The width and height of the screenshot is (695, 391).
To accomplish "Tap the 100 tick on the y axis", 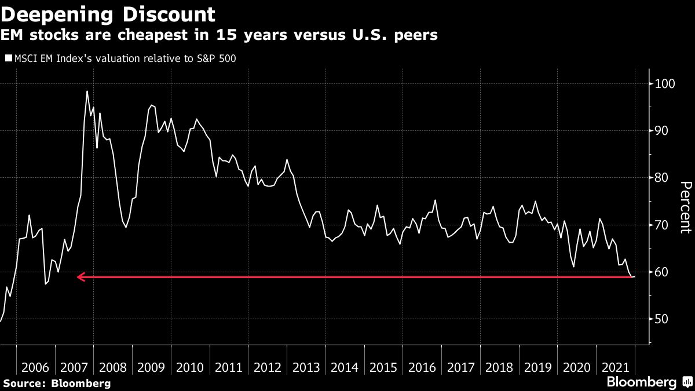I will click(664, 84).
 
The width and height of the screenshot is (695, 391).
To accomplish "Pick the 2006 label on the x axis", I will click(35, 367).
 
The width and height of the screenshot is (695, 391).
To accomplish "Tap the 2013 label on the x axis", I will click(306, 367).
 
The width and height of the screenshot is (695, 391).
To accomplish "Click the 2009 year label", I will click(152, 367).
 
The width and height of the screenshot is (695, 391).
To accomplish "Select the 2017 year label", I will click(461, 367).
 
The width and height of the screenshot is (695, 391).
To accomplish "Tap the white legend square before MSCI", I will click(8, 58).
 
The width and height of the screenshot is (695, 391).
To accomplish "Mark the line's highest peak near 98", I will click(87, 92).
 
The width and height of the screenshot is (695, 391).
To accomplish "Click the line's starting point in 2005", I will click(1, 321).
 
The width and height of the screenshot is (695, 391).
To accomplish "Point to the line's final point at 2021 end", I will click(635, 276).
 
